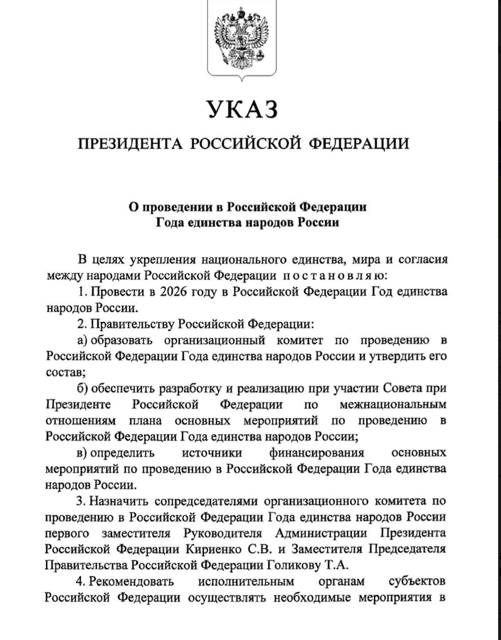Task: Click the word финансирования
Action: click(x=316, y=451)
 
